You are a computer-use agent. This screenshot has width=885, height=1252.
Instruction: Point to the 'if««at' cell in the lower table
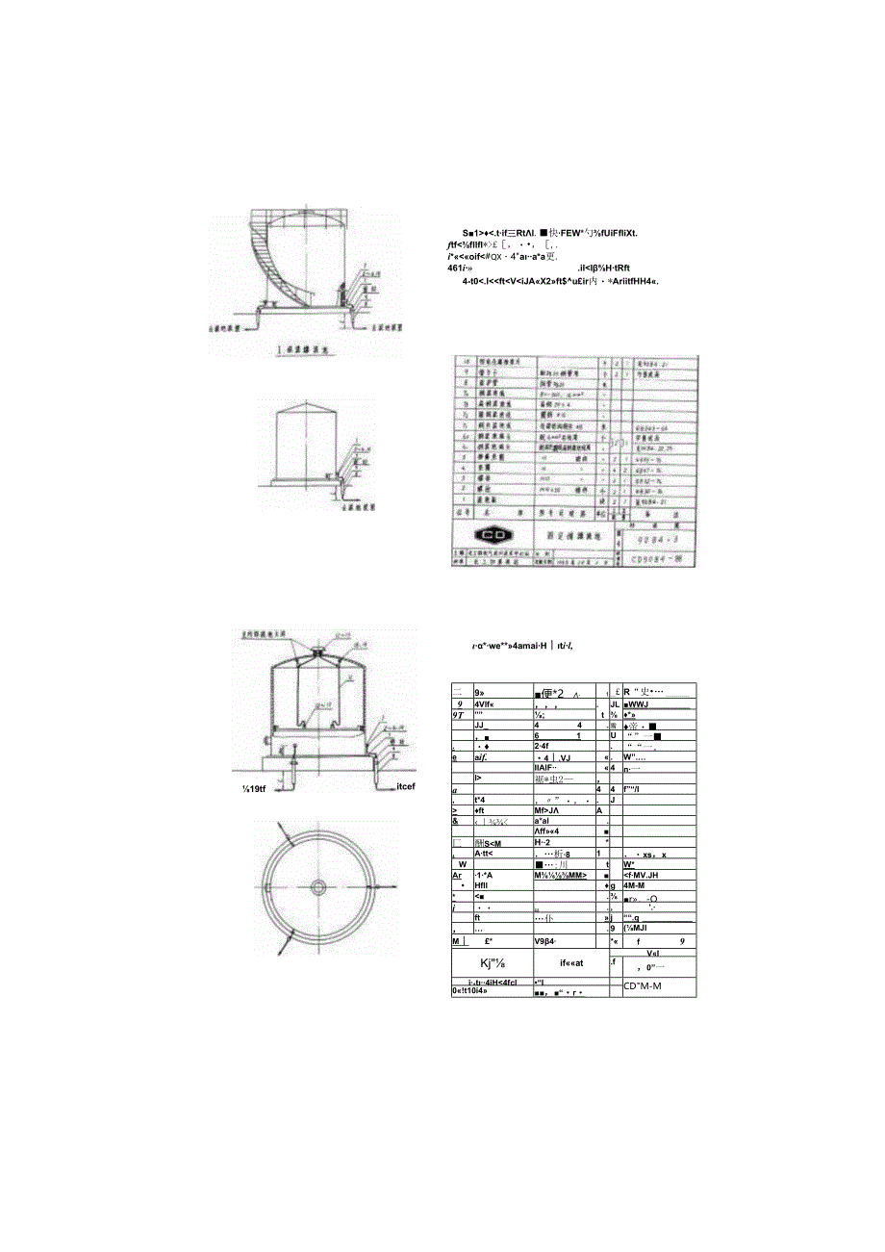[x=560, y=962]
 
